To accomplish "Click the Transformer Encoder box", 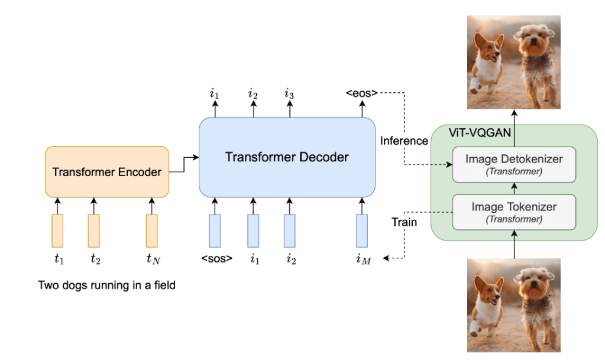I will (107, 172).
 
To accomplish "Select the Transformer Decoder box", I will (287, 157).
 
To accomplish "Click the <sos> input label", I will (216, 258).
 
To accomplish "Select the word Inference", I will (404, 141).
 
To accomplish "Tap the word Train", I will (404, 223).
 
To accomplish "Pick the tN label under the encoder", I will (152, 258).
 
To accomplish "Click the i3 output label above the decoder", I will (289, 93).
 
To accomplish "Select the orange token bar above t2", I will (93, 231).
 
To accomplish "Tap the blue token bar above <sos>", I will (215, 231).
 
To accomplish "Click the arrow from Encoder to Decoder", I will (184, 164).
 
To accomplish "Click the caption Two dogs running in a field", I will (107, 286).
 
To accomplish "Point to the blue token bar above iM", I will (362, 231).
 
